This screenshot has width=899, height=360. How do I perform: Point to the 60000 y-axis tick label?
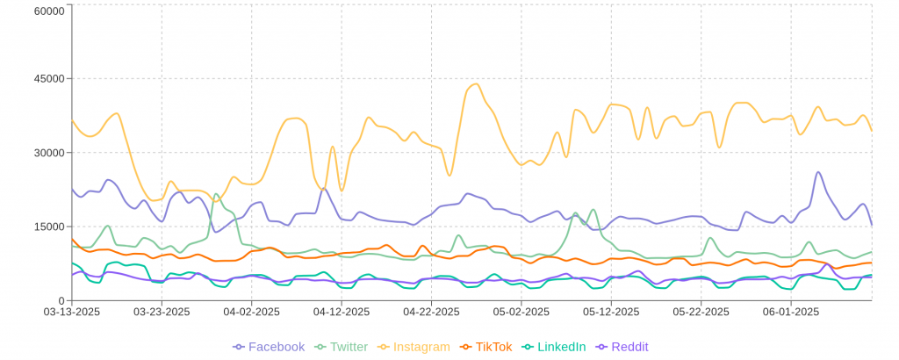(48, 11)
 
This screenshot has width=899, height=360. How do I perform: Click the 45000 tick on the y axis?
(48, 78)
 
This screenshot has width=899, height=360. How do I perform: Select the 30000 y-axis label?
(48, 152)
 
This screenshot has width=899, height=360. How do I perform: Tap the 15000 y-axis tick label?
(48, 227)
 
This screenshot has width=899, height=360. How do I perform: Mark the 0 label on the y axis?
(61, 300)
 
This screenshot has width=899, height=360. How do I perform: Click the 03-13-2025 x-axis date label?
(72, 312)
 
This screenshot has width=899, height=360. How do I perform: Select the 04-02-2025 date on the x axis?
(251, 312)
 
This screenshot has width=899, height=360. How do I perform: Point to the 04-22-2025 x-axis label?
(431, 312)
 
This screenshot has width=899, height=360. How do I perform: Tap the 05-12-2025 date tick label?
(611, 312)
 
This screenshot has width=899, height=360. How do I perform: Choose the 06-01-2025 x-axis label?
(790, 312)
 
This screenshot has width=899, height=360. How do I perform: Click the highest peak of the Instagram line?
(475, 84)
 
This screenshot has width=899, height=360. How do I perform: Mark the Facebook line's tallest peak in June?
(818, 172)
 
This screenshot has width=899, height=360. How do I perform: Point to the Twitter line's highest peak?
(216, 194)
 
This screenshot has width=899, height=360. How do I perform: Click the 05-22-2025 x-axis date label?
(701, 312)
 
